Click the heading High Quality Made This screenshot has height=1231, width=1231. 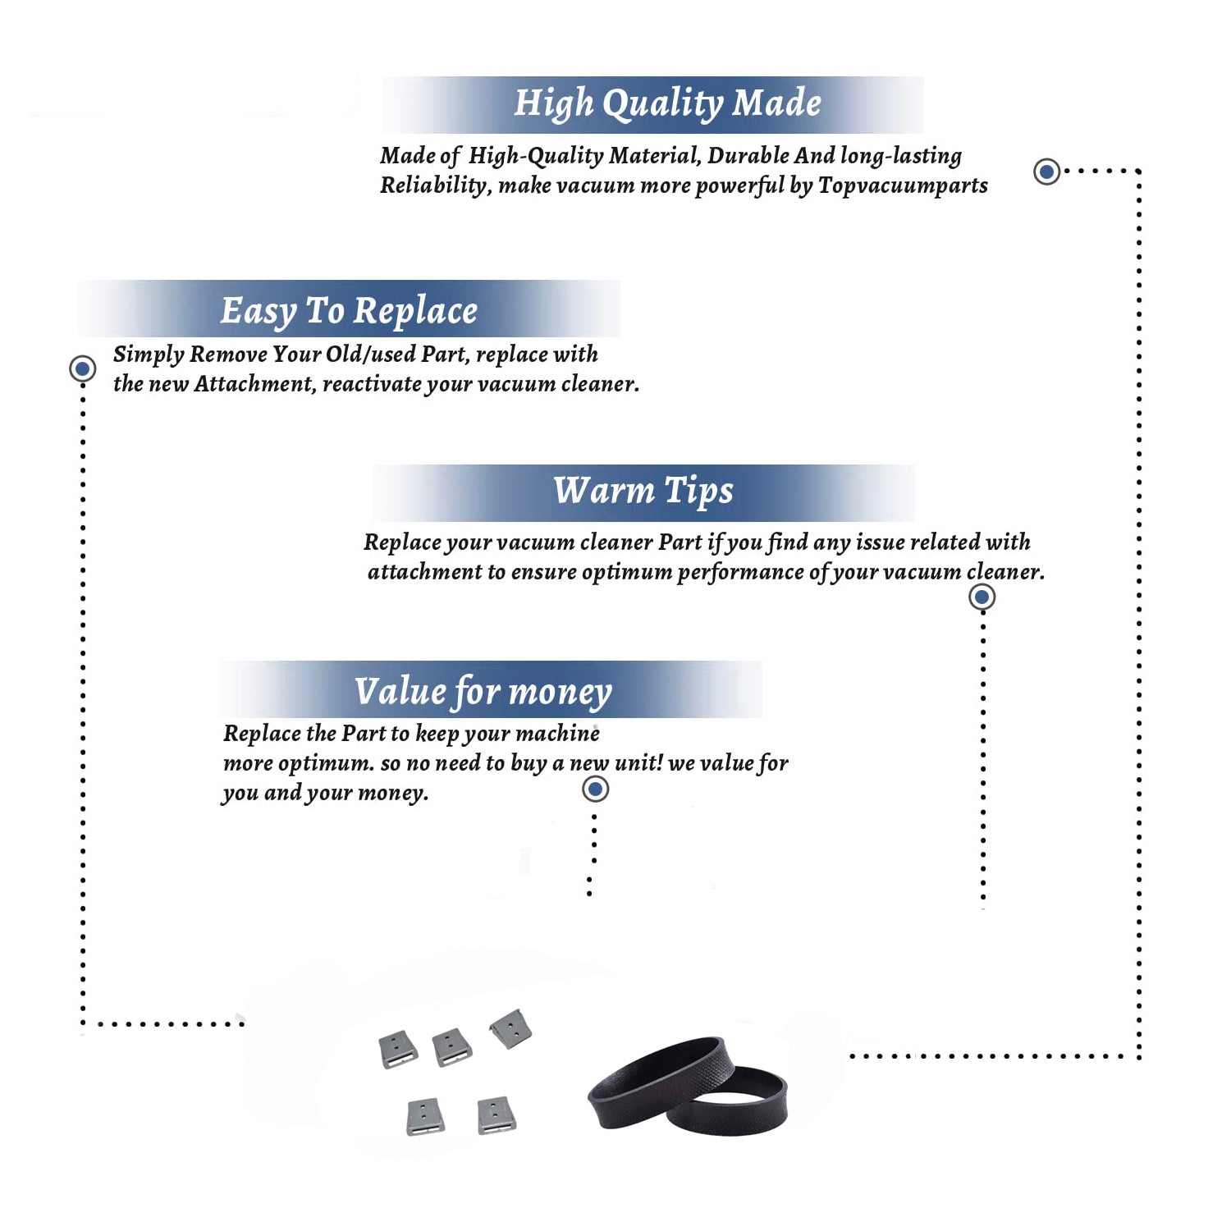667,104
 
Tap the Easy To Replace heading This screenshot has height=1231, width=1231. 349,311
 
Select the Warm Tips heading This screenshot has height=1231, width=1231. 643,491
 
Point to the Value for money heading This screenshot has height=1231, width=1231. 483,691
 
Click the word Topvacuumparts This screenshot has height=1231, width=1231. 903,186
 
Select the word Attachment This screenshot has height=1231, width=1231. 254,384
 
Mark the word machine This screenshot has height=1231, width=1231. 558,733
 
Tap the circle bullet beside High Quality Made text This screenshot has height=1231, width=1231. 1046,172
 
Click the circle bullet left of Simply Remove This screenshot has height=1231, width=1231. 82,368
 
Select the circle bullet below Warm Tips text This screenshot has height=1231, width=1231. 982,597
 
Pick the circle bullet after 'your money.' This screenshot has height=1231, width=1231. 595,789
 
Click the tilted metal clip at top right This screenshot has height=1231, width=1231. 511,1028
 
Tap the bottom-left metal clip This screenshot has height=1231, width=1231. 426,1117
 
